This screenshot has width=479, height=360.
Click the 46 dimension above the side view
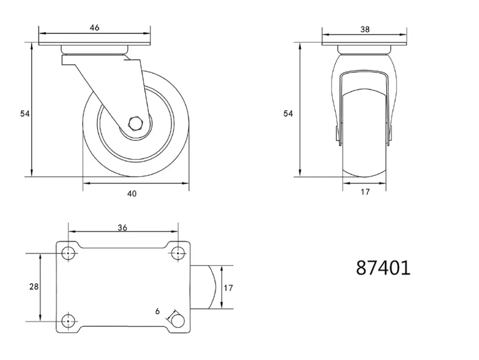(x=94, y=27)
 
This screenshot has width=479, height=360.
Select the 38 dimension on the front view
(x=365, y=29)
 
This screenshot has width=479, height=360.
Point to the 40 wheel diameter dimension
(x=131, y=193)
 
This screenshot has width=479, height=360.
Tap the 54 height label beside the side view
(x=25, y=113)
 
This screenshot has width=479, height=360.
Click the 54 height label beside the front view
(x=288, y=113)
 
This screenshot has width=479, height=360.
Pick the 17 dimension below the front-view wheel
(x=365, y=192)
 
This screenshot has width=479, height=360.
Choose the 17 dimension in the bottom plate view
(x=228, y=288)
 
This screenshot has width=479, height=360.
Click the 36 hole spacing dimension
(x=122, y=227)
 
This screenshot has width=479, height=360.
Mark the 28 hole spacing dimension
(x=34, y=286)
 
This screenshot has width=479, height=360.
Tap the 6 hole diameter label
(x=157, y=311)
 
